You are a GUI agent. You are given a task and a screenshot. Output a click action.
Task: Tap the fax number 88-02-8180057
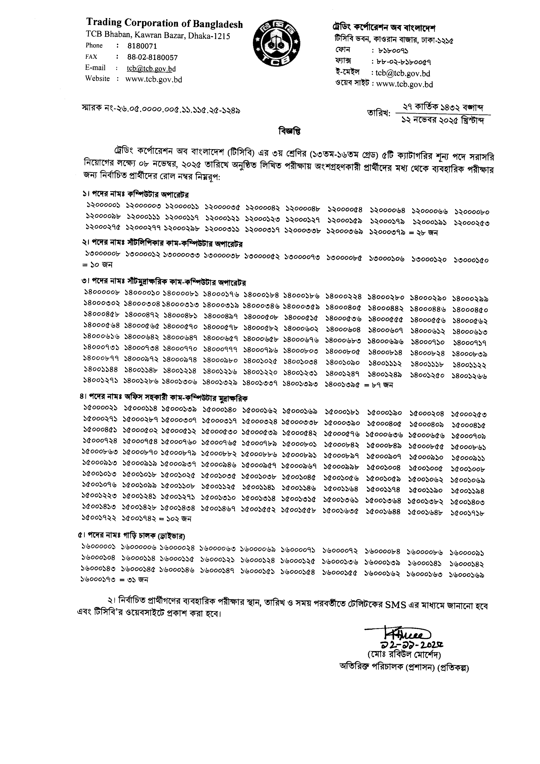click(152, 57)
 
